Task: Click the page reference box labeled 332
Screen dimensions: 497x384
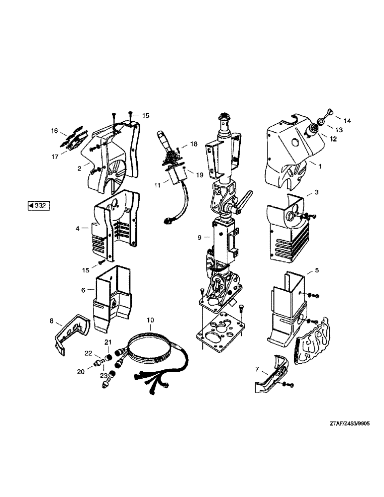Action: click(38, 205)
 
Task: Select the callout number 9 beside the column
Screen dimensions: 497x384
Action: click(199, 238)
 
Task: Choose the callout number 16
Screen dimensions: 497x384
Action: click(55, 131)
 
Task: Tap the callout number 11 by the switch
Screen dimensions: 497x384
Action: click(158, 185)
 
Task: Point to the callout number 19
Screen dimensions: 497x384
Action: click(199, 175)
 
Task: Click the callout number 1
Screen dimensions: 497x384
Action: click(320, 167)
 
